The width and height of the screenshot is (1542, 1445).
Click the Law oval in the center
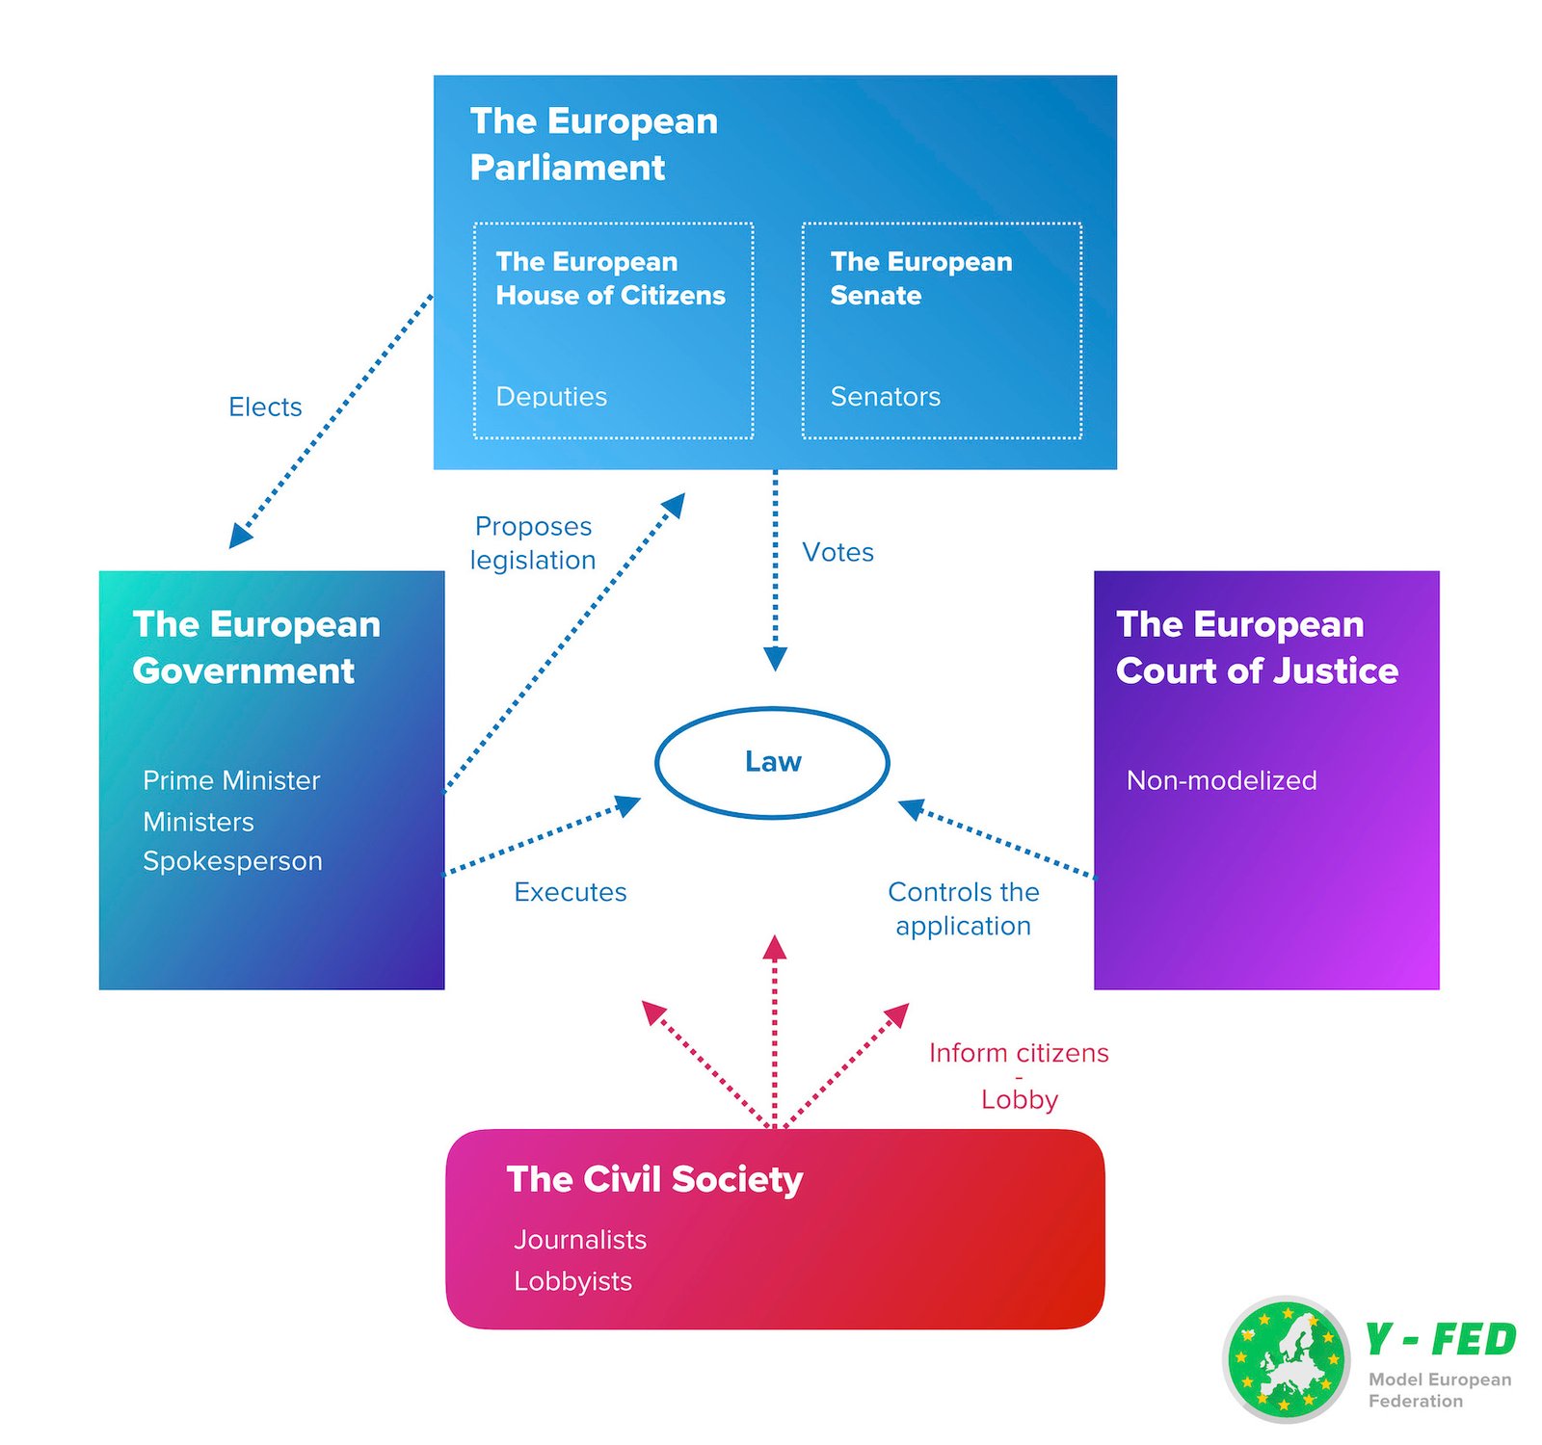click(x=772, y=762)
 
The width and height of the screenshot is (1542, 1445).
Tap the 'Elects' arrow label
click(x=265, y=407)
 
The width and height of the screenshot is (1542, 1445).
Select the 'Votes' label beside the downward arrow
click(x=837, y=552)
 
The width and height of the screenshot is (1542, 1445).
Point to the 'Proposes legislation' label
click(x=533, y=543)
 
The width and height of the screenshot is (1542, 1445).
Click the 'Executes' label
click(x=570, y=892)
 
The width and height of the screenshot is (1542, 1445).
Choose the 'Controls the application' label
click(x=963, y=908)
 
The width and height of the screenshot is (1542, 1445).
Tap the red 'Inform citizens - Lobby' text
click(x=1019, y=1075)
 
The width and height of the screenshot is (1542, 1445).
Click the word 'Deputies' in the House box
click(x=551, y=397)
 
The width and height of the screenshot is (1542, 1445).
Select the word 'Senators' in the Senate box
click(x=885, y=397)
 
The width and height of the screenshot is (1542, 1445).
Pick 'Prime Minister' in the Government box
click(x=231, y=780)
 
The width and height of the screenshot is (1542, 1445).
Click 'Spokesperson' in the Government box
click(x=232, y=860)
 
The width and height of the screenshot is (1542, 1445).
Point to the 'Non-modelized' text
click(x=1221, y=780)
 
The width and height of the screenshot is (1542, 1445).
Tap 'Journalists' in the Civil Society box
click(x=579, y=1240)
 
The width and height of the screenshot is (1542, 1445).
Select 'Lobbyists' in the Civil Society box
click(x=572, y=1281)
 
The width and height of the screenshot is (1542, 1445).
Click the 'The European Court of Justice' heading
click(x=1257, y=647)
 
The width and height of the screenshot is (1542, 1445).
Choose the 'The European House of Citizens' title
click(x=610, y=278)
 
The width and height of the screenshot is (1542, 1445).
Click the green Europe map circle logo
click(x=1286, y=1359)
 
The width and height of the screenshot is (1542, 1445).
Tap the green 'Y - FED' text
click(x=1440, y=1340)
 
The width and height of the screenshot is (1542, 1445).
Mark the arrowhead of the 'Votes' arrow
click(x=775, y=659)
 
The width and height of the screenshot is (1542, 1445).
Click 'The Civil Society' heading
click(x=654, y=1179)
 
